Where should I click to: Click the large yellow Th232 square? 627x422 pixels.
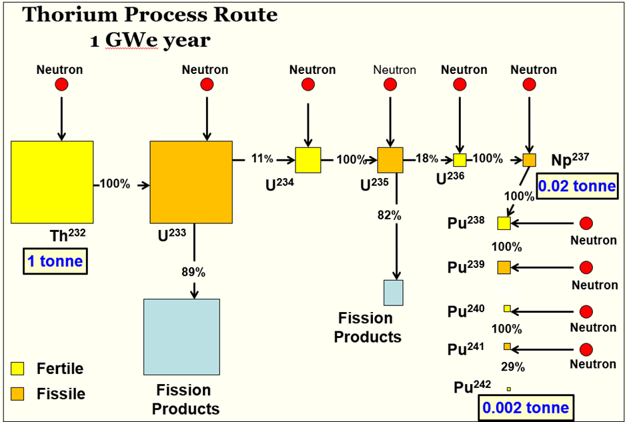pos(52,182)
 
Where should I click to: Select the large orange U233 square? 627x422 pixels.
pos(191,182)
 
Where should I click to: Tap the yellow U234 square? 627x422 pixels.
pos(308,160)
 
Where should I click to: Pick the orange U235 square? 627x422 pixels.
pos(390,160)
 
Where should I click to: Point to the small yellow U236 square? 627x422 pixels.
pos(460,160)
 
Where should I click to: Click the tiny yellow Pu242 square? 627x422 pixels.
pos(509,389)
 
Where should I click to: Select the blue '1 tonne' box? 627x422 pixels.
pos(55,261)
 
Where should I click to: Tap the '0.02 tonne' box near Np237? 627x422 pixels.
pos(577,186)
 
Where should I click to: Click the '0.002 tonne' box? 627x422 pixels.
pos(526,407)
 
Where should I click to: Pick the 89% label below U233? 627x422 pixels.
pos(193,272)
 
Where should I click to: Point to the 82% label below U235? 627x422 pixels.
pos(390,215)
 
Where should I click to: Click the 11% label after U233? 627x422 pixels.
pos(262,159)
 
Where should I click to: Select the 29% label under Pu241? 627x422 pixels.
pos(513,367)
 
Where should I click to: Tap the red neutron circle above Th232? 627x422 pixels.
pos(61,84)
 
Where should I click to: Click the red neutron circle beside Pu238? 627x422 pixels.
pos(586,223)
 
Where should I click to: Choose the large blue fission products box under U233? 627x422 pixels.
pos(181,337)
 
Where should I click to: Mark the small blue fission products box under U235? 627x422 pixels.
pos(394,293)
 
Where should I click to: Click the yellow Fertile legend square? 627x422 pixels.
pos(17,369)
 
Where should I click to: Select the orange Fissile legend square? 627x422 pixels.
pos(17,394)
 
